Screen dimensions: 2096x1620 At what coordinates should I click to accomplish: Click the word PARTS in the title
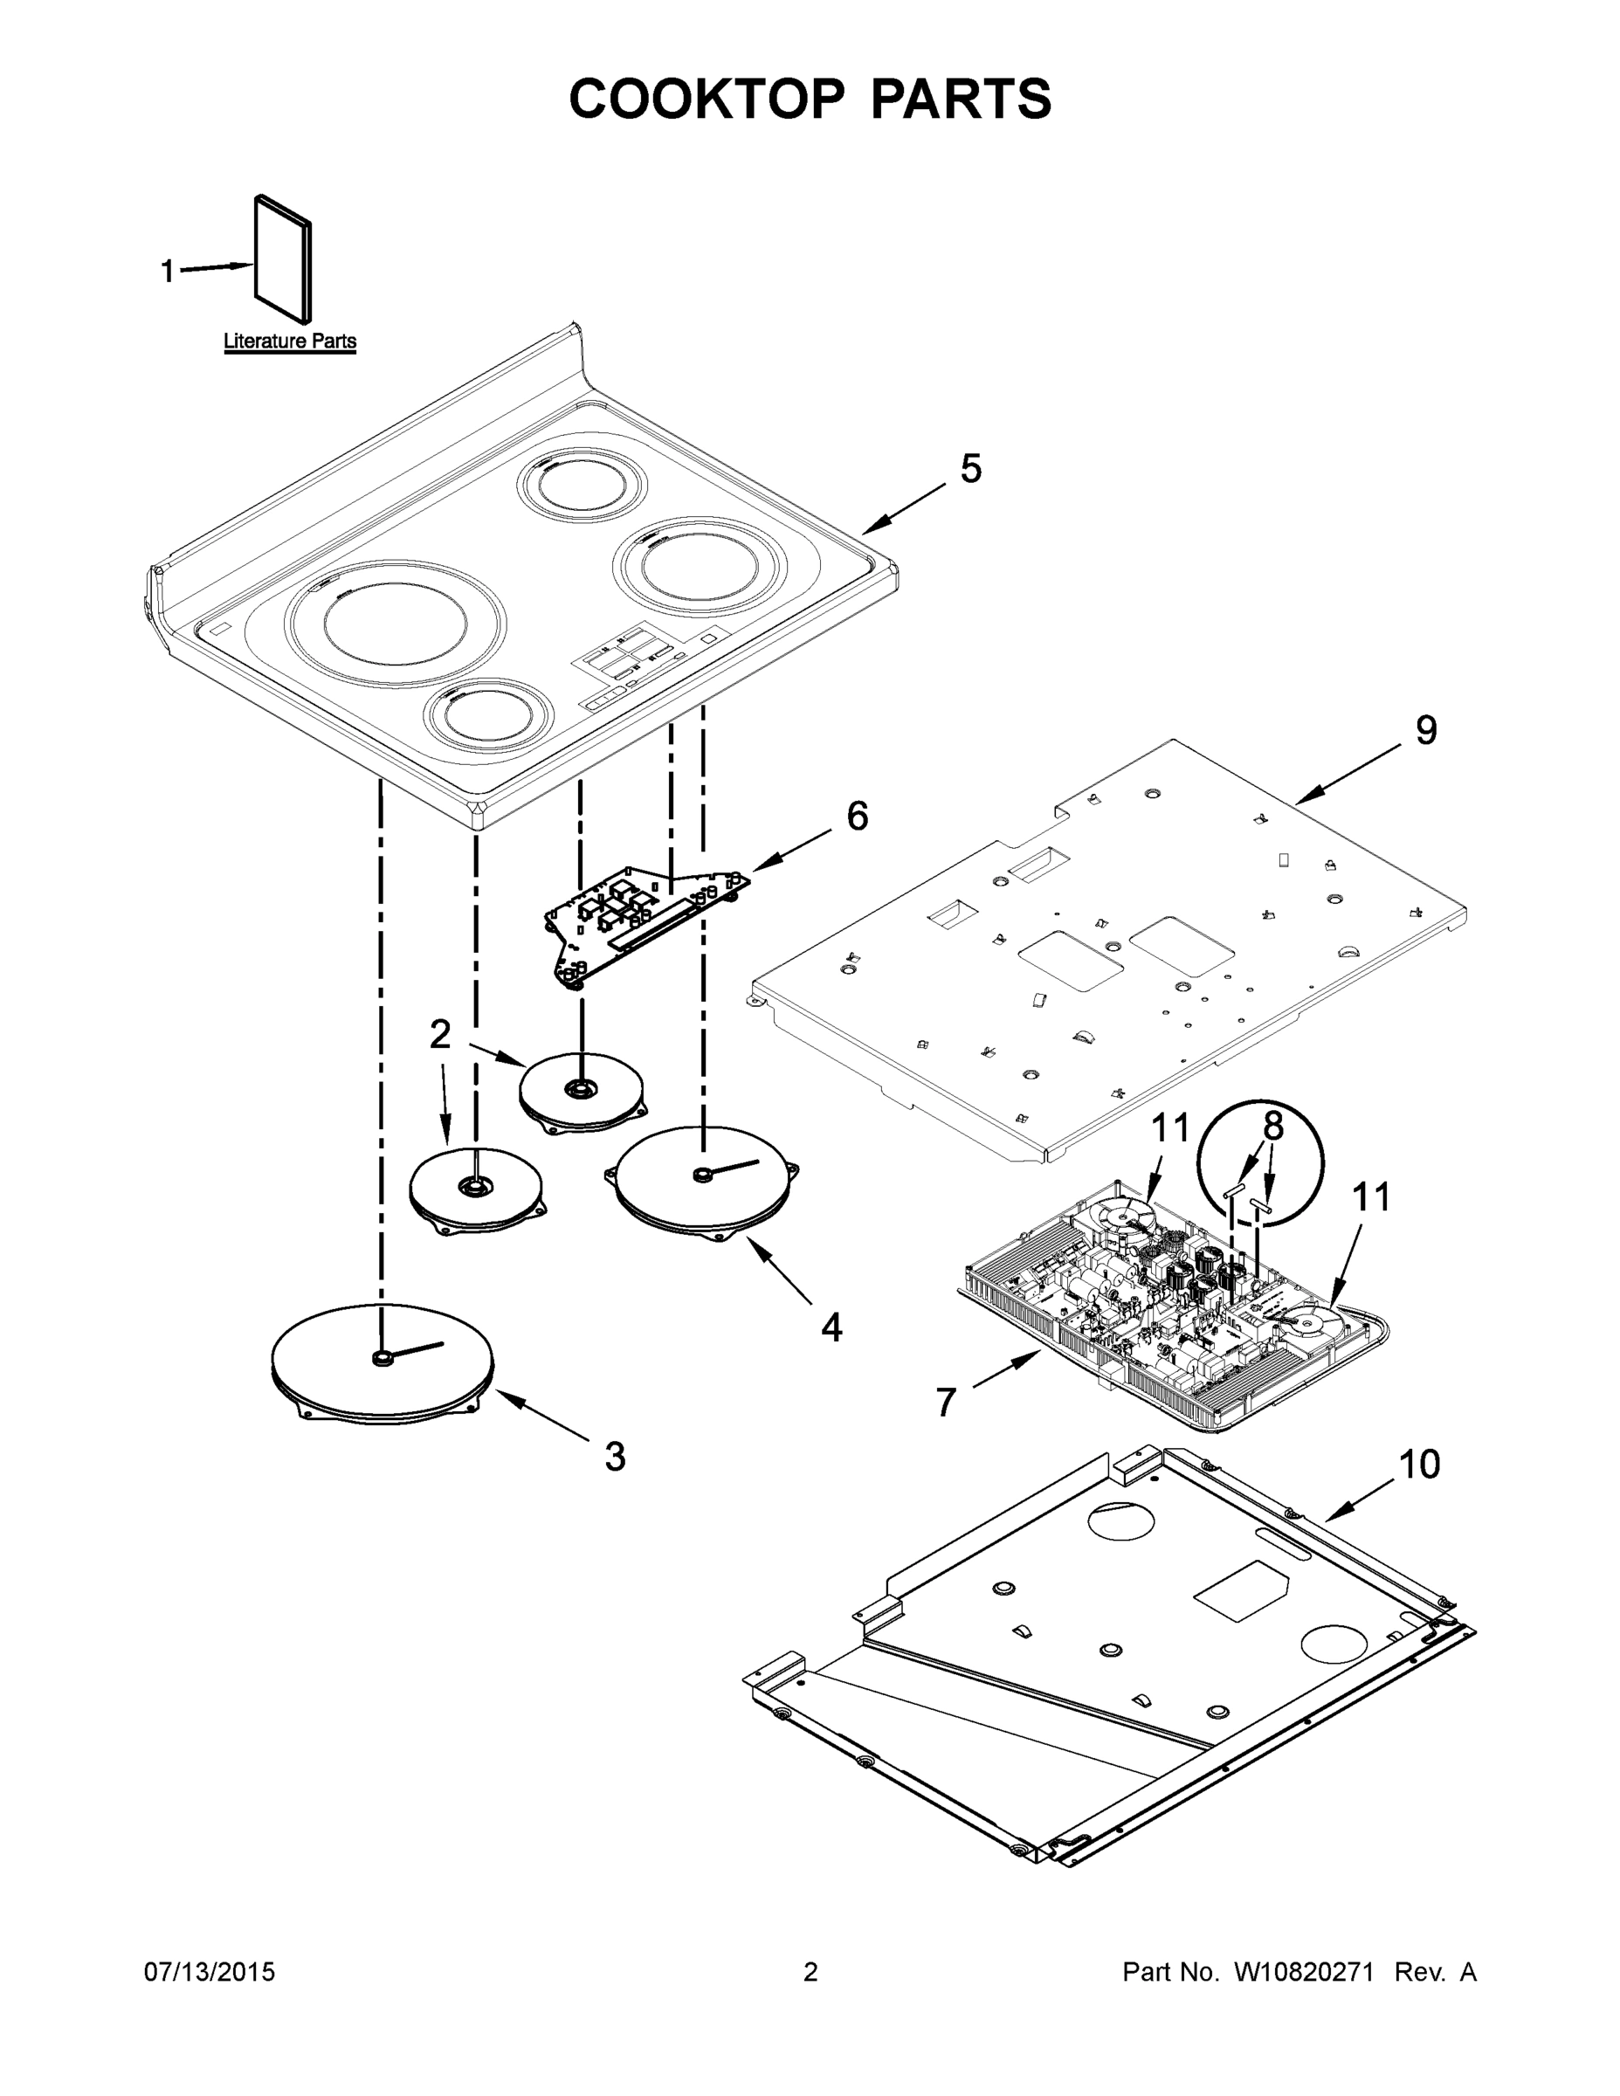pos(961,98)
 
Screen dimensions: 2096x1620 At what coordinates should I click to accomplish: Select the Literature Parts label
pos(290,341)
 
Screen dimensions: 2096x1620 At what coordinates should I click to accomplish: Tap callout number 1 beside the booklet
pos(167,272)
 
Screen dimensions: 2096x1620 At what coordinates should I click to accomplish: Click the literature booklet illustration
pos(283,259)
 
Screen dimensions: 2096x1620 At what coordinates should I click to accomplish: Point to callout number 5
pos(970,469)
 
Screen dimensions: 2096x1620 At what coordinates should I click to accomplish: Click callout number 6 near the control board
pos(857,816)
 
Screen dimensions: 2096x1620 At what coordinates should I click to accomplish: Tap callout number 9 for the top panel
pos(1426,730)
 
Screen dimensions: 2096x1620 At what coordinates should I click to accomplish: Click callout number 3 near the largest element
pos(615,1457)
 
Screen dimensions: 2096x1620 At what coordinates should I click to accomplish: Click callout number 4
pos(831,1328)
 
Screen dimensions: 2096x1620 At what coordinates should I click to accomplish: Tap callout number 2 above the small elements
pos(439,1035)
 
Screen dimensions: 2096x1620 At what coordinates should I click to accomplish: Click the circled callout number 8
pos(1272,1127)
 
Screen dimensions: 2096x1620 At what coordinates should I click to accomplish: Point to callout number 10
pos(1418,1465)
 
